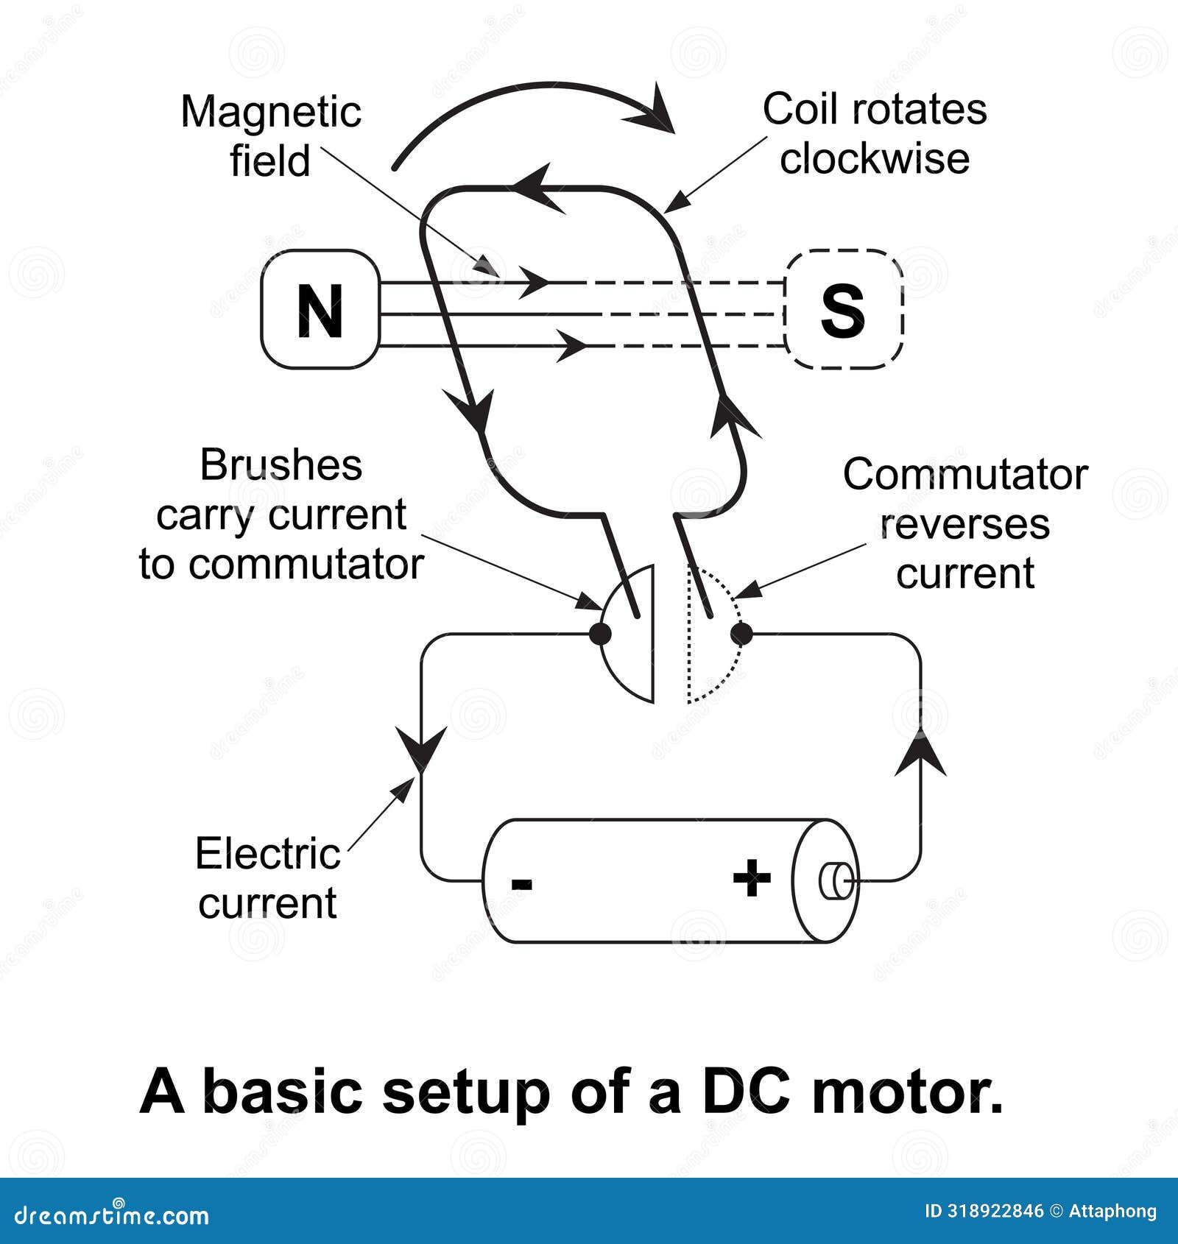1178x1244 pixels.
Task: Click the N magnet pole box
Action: (x=320, y=309)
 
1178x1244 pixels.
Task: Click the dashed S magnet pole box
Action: (x=844, y=309)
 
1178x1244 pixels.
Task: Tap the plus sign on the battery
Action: (x=752, y=877)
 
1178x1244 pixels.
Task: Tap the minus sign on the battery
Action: (x=521, y=884)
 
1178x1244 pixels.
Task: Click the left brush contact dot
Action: (x=601, y=633)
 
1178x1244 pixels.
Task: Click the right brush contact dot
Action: (x=741, y=633)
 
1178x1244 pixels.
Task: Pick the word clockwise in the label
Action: (x=875, y=160)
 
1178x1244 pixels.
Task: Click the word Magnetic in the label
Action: (x=271, y=113)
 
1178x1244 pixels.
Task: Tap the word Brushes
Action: (x=281, y=466)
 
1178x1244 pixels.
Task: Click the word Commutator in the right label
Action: (x=964, y=475)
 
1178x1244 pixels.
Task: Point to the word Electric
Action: (x=267, y=855)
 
